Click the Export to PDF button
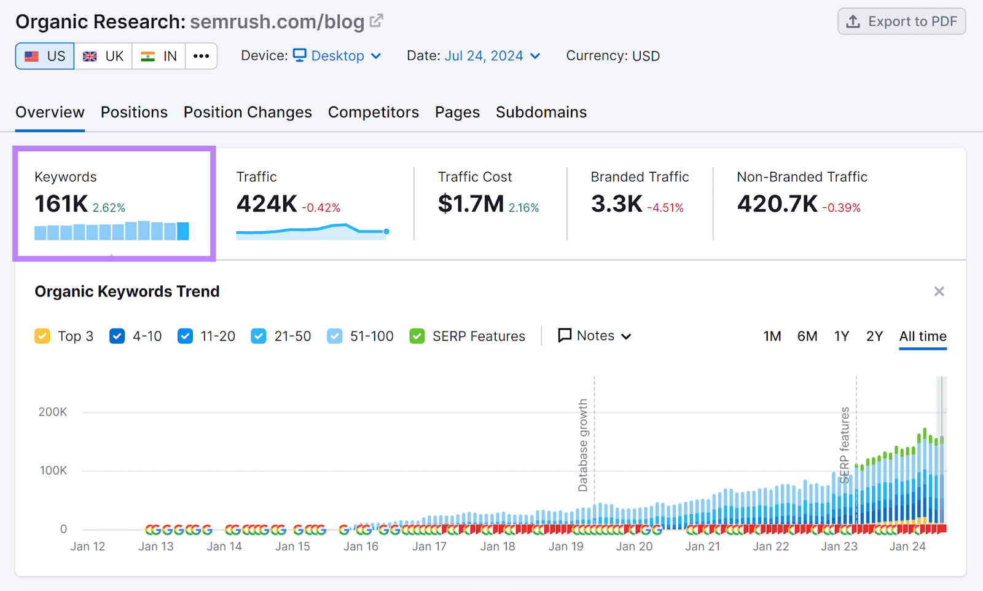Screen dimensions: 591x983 [x=901, y=22]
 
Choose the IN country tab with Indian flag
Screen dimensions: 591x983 [x=159, y=56]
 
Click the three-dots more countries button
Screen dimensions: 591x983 [x=201, y=56]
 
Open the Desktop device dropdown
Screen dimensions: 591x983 [x=337, y=56]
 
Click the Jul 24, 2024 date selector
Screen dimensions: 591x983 [x=491, y=56]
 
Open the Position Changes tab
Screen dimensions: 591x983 [x=248, y=113]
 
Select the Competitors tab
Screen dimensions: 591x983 [x=373, y=113]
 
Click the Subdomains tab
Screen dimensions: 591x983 [x=541, y=113]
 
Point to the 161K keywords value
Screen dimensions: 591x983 [x=61, y=204]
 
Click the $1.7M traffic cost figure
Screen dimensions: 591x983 [x=471, y=204]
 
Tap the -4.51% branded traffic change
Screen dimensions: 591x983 [x=665, y=208]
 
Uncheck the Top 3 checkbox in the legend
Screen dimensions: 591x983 [x=42, y=336]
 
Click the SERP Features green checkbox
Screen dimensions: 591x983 [x=417, y=336]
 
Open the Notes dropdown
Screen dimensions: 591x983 [x=594, y=336]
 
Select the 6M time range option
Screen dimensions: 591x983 [x=807, y=336]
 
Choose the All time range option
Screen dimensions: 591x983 [x=922, y=336]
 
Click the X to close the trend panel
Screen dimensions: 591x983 [x=939, y=292]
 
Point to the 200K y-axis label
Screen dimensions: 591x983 [x=53, y=412]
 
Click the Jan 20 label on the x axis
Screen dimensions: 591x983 [x=634, y=547]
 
